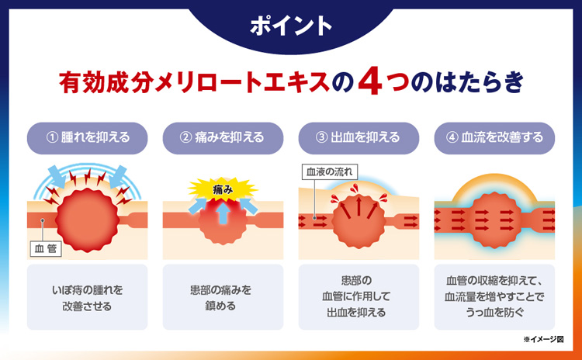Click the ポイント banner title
click(x=291, y=26)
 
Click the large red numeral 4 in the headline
click(x=370, y=82)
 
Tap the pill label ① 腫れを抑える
click(x=87, y=138)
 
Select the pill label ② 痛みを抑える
click(x=223, y=138)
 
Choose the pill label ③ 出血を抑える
click(x=359, y=138)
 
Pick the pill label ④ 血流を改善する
click(x=494, y=138)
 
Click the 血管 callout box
click(x=46, y=248)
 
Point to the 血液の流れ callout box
click(x=330, y=172)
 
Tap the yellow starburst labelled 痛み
click(x=223, y=189)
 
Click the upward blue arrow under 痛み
click(x=223, y=214)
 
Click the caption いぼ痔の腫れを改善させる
click(x=87, y=298)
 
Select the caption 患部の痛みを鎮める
click(x=221, y=298)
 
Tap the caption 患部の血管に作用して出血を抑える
click(x=356, y=296)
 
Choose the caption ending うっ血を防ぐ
click(x=494, y=296)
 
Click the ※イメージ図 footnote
click(x=543, y=339)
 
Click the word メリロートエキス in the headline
click(x=242, y=82)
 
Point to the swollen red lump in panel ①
click(x=88, y=220)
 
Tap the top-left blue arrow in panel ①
click(x=57, y=177)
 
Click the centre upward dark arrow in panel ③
click(x=359, y=206)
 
